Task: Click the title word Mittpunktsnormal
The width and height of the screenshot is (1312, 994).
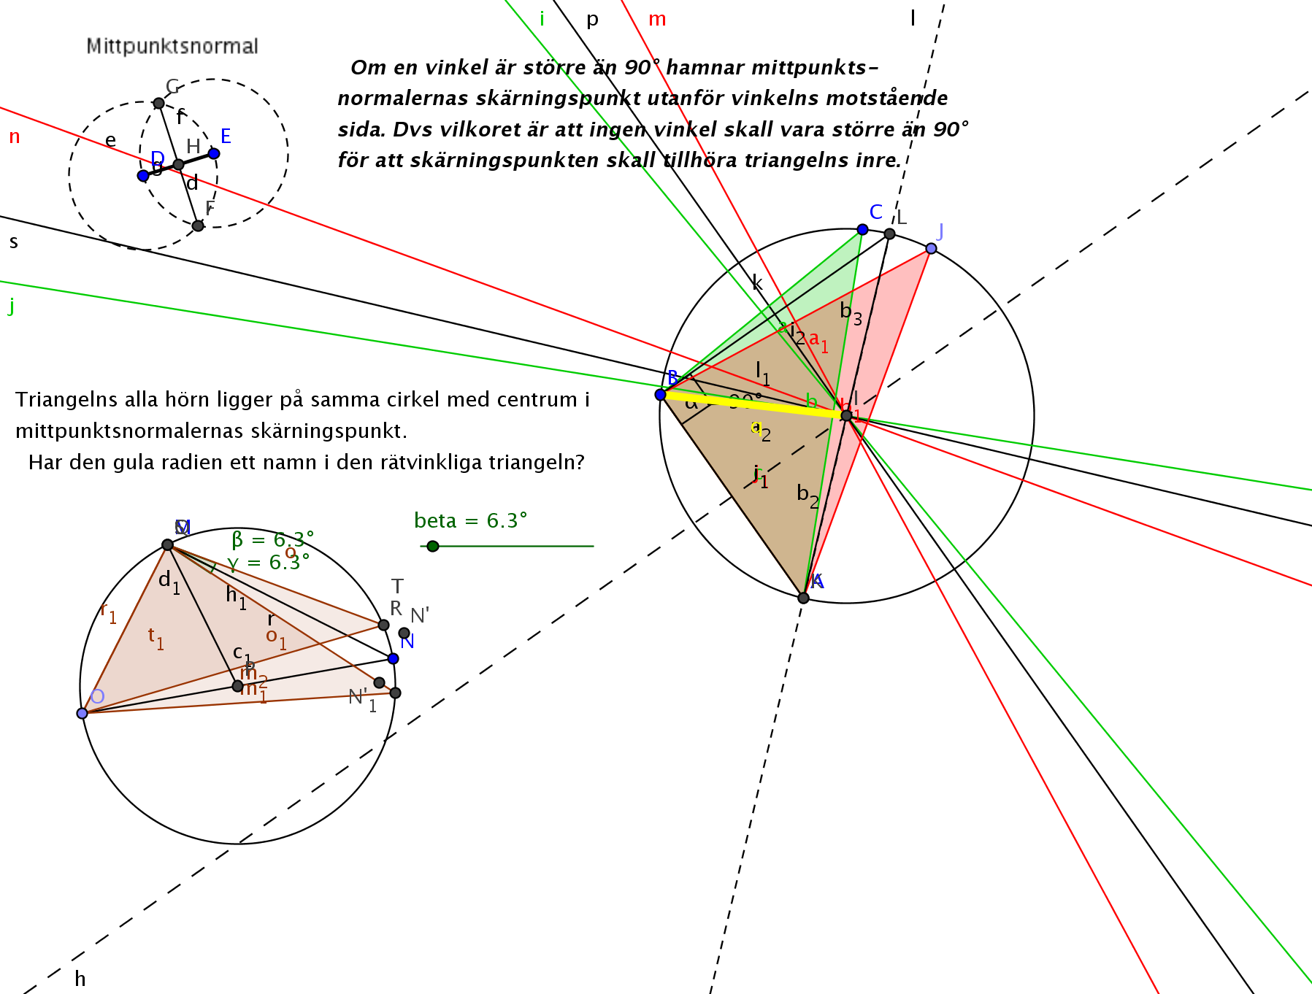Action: point(172,47)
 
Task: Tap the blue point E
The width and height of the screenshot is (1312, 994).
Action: point(214,153)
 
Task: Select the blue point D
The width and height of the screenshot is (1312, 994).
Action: point(143,176)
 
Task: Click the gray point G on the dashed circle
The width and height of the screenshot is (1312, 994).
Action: point(159,103)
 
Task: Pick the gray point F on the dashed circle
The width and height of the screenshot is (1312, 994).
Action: point(198,226)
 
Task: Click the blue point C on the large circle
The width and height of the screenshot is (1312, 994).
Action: point(862,229)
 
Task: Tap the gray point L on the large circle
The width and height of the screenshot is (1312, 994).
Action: point(889,234)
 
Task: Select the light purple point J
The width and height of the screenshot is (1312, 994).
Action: point(931,249)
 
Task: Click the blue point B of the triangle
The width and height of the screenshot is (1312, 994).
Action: point(661,395)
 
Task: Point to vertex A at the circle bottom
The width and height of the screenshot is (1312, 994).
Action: point(804,598)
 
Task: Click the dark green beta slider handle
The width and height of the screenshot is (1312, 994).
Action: point(433,546)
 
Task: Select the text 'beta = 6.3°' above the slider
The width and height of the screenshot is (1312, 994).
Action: point(470,521)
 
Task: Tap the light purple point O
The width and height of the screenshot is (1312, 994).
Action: point(83,713)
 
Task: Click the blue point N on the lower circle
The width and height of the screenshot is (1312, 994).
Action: point(394,658)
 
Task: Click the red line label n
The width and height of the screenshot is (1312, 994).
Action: point(15,137)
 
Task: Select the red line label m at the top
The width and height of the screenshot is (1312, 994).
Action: point(657,20)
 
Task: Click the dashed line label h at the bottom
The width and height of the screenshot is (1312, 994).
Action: point(80,979)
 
